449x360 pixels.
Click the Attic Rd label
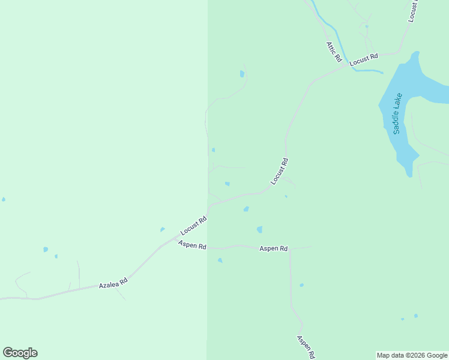[334, 52]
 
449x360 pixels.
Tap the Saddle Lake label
[397, 113]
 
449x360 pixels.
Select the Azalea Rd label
[113, 283]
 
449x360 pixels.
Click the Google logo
[20, 353]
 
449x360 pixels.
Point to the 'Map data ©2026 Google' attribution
[412, 355]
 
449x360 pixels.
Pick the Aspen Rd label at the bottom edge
[306, 347]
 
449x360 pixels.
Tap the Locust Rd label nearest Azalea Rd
[193, 226]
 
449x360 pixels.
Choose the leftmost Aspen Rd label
[192, 245]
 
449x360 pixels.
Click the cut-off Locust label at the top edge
[412, 11]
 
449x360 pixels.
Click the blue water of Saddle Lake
[420, 84]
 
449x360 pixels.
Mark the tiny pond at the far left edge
[3, 199]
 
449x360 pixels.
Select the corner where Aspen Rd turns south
[290, 248]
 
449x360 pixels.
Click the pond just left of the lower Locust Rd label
[162, 229]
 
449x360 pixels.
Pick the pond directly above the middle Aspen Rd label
[259, 229]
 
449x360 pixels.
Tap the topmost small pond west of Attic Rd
[242, 74]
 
